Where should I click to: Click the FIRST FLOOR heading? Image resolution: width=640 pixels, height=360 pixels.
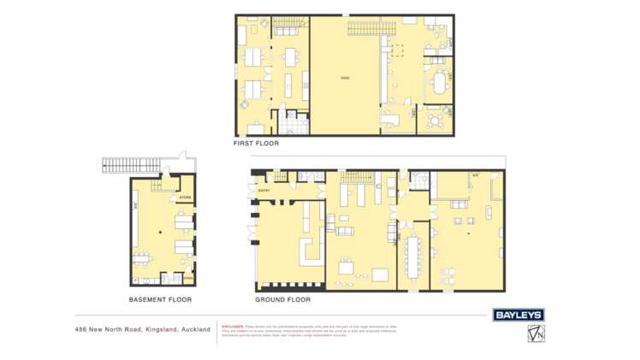[x=257, y=144]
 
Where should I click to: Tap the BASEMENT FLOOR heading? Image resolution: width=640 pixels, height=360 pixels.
[x=160, y=300]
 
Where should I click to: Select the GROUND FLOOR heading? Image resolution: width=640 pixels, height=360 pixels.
[x=282, y=300]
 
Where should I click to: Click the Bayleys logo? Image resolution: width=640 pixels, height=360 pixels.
[x=519, y=315]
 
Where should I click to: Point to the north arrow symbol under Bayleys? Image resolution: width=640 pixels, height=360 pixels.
[x=536, y=333]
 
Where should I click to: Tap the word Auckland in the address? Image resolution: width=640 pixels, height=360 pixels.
[x=195, y=329]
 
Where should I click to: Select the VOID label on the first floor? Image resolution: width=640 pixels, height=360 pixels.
[x=345, y=79]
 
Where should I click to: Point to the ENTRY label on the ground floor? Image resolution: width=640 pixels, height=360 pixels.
[x=265, y=190]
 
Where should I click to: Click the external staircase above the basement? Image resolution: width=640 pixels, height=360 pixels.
[x=137, y=163]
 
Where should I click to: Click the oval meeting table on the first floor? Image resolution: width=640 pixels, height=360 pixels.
[x=440, y=84]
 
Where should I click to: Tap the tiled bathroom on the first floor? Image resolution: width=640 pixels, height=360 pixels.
[x=293, y=125]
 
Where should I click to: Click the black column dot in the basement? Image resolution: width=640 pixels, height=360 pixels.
[x=159, y=232]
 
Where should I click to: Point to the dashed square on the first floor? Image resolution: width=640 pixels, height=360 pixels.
[x=398, y=50]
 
